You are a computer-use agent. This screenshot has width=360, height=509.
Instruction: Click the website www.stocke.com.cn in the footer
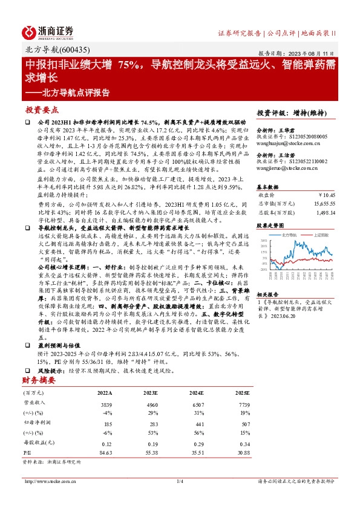coord(45,481)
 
